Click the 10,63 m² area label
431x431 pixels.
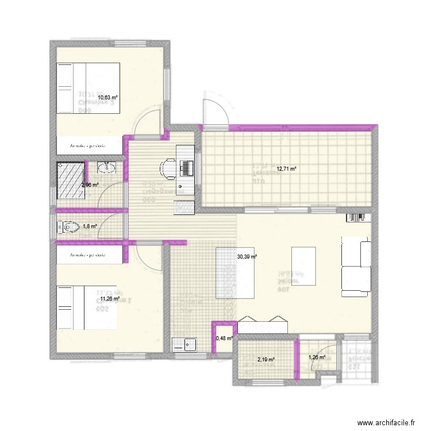coord(108,98)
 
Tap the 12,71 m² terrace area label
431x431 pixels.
coord(287,169)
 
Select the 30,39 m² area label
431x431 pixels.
coord(247,257)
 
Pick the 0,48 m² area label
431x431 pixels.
coord(224,338)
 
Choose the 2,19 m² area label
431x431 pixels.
coord(265,360)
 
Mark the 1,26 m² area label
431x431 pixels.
coord(317,357)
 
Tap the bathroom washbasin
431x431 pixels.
coord(106,168)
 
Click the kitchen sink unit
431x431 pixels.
coord(185,345)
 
